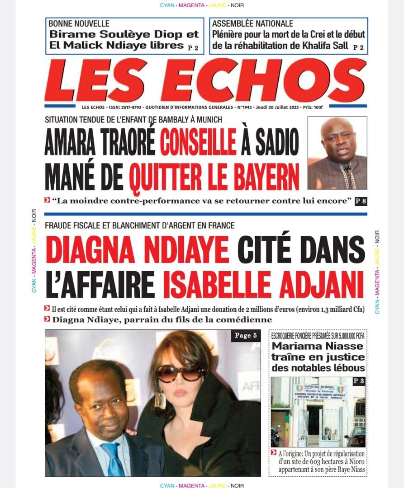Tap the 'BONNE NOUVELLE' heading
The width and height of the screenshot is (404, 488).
[x=79, y=23]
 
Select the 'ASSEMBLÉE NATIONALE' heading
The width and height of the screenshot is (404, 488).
[x=252, y=23]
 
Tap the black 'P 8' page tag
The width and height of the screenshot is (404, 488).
[x=361, y=202]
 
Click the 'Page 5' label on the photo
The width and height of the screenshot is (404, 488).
[x=246, y=336]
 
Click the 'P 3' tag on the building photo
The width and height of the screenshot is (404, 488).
[x=358, y=381]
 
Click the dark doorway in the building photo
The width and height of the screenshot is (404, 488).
[x=313, y=420]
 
